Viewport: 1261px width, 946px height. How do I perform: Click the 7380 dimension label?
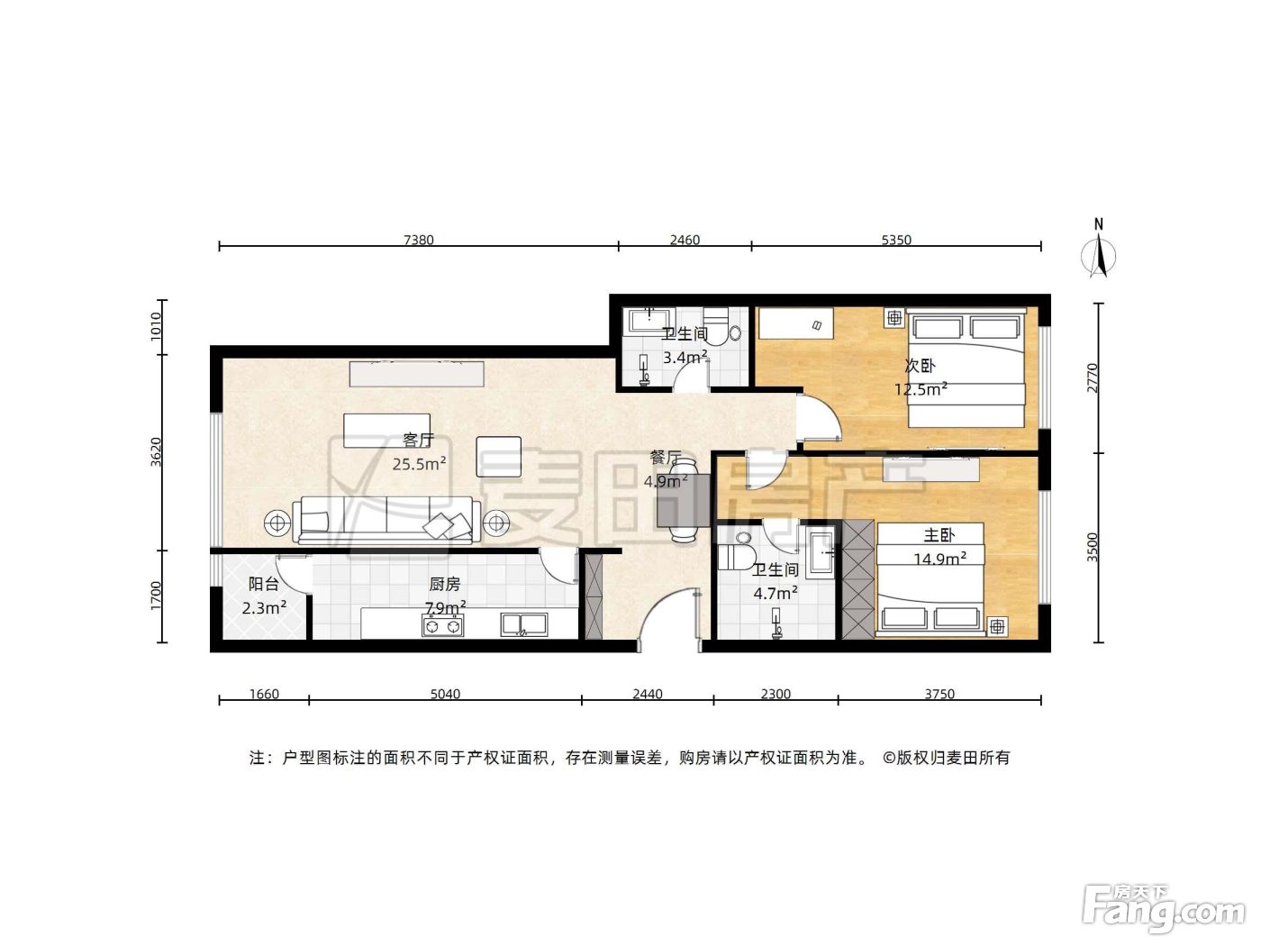pos(418,240)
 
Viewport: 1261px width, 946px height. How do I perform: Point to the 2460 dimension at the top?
pos(685,240)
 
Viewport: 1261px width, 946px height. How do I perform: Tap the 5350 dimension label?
pos(896,240)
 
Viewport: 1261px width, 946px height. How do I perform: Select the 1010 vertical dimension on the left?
pos(156,326)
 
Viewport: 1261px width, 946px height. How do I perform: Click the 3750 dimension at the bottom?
pos(939,694)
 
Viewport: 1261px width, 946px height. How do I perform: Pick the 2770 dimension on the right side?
pos(1092,377)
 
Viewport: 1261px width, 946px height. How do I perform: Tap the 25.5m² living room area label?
pos(420,463)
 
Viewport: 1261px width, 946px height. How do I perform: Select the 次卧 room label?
pos(920,365)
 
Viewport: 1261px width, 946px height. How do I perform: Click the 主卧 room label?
pos(939,535)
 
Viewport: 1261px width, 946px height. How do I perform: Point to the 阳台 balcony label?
pos(264,584)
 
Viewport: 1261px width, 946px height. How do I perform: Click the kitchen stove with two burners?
pos(443,625)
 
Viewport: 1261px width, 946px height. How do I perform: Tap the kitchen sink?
pos(524,625)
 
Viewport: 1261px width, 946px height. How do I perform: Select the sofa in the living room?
pos(386,520)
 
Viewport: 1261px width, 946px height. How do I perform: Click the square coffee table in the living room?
pos(499,457)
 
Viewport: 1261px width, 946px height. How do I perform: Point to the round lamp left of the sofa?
pos(277,523)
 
